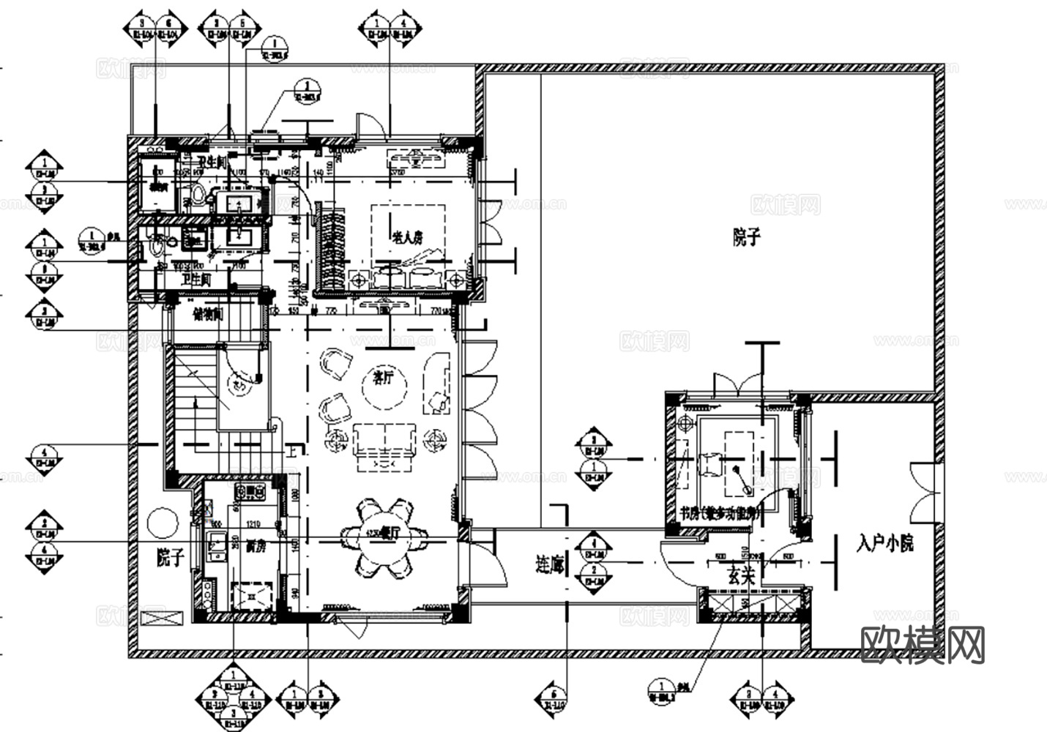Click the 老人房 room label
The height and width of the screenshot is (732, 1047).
[x=408, y=237]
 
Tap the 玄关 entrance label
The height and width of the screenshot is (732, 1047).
[x=740, y=576]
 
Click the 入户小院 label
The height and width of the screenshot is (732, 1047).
[x=884, y=543]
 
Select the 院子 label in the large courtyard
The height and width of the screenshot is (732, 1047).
[x=746, y=237]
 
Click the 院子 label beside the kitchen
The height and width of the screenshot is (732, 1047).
[x=169, y=558]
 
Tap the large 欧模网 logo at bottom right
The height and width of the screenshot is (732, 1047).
[x=923, y=645]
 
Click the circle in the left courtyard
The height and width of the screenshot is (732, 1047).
[x=161, y=523]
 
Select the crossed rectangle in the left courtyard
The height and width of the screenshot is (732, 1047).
[x=163, y=617]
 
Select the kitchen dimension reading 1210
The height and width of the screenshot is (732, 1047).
[x=254, y=525]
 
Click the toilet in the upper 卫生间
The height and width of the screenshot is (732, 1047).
[x=196, y=195]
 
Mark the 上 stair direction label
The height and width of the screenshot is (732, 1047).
[x=291, y=451]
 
